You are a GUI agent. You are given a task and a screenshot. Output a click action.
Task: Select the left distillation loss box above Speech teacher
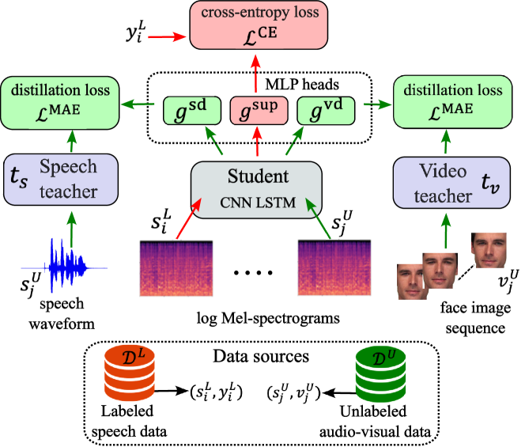[x=60, y=102]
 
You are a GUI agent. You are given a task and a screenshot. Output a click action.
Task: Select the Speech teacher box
[x=61, y=180]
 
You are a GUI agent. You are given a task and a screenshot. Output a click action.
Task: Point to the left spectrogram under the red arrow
[x=176, y=268]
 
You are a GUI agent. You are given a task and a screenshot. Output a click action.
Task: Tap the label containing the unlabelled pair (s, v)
[x=293, y=392]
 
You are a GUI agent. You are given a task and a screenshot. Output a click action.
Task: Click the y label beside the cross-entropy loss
[x=134, y=35]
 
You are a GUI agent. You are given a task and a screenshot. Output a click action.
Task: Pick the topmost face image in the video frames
[x=489, y=251]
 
